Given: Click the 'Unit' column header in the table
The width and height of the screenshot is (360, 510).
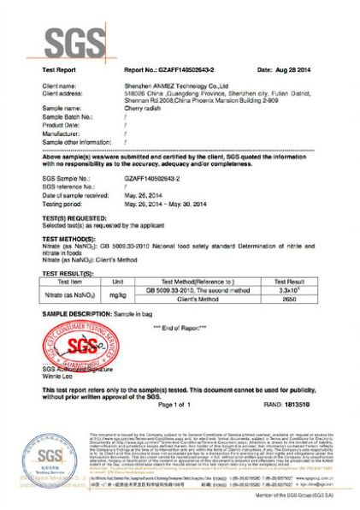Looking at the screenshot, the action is click(119, 281).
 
